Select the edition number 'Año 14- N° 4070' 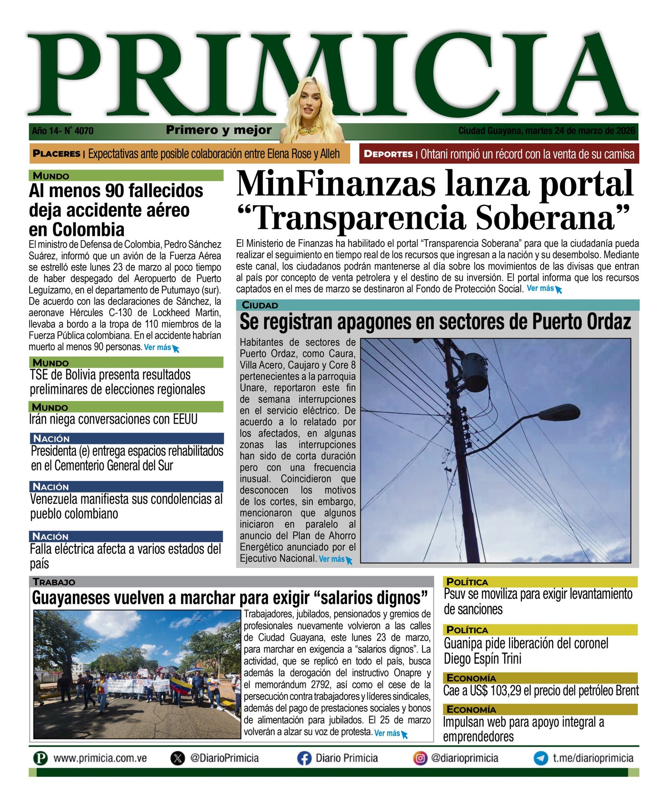(63, 131)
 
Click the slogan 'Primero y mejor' (219, 130)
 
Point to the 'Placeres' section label (56, 154)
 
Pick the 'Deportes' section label (388, 154)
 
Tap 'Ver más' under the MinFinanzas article (541, 288)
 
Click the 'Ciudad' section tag (260, 305)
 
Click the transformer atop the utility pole (474, 371)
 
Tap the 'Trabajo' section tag (54, 582)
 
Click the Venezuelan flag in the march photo (181, 686)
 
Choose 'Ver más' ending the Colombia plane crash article (158, 347)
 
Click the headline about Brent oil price (541, 691)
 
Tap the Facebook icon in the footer (304, 758)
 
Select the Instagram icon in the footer (420, 758)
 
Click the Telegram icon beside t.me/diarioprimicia (541, 758)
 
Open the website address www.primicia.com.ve (100, 758)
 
